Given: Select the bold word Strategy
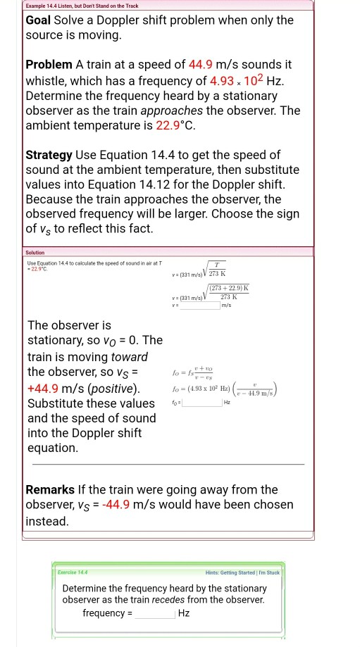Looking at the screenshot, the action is pos(49,154).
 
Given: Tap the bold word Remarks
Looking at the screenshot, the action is pos(51,489).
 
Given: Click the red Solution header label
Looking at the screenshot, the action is pos(35,252).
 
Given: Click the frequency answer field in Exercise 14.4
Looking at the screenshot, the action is pos(155,613).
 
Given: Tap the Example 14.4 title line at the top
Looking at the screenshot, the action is pos(82,6).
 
